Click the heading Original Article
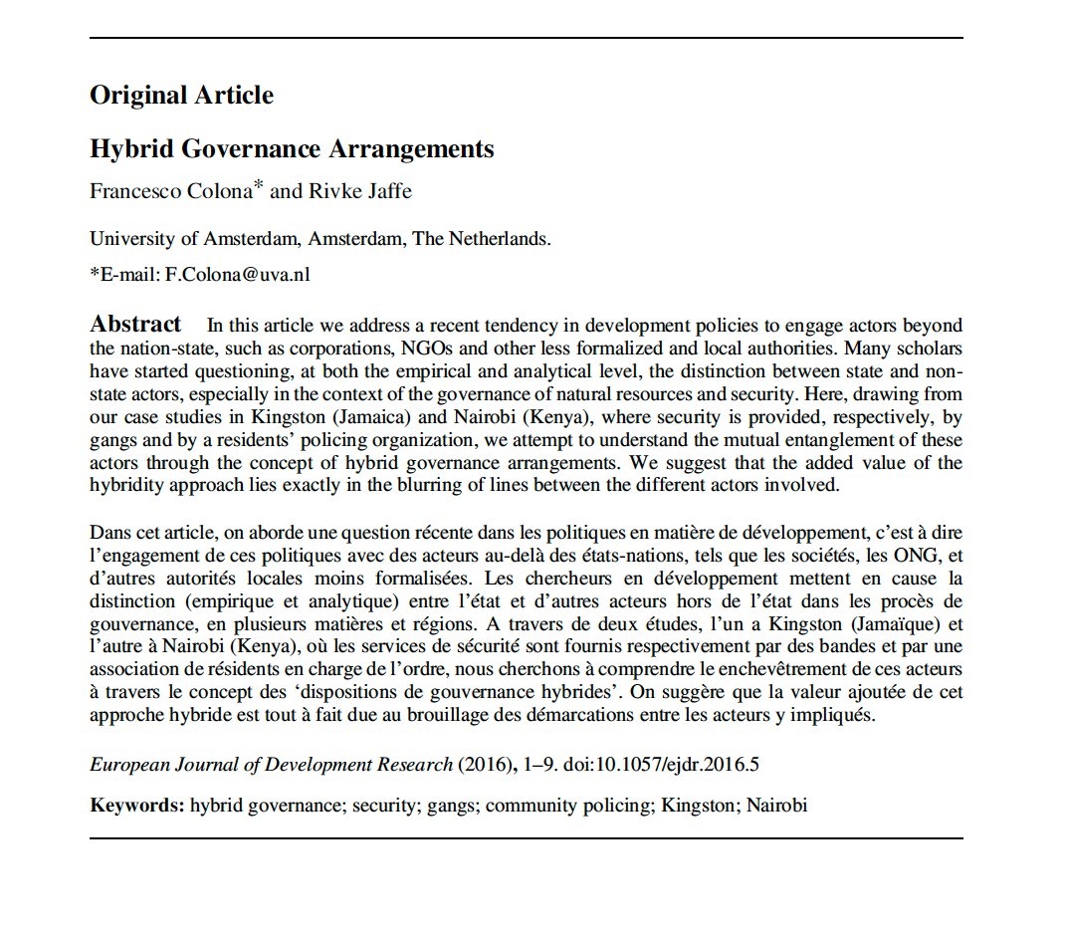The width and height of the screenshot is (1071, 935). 181,96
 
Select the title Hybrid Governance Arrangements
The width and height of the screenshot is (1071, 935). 292,149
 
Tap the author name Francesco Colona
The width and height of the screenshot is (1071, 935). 169,191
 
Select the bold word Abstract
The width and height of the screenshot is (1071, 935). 135,325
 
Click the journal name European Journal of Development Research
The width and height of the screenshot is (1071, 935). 271,766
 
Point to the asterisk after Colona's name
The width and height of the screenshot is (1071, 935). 258,186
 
